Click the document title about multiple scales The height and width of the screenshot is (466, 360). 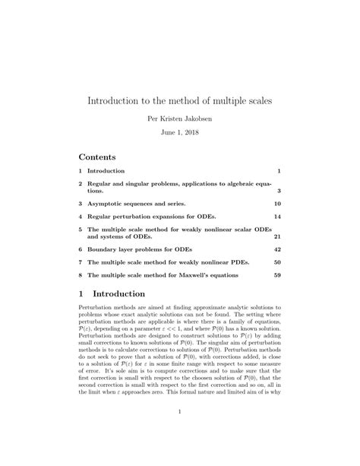point(180,100)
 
